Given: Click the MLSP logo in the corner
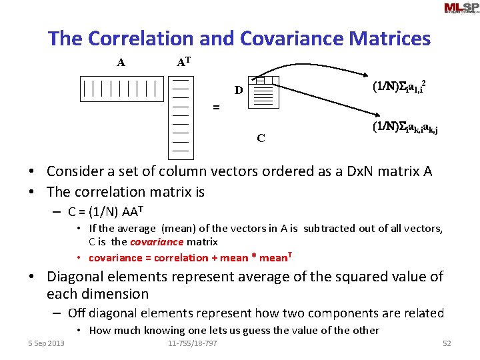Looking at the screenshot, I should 461,9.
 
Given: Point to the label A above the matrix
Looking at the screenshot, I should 121,63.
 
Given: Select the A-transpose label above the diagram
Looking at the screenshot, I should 184,63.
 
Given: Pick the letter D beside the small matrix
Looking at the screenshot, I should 237,90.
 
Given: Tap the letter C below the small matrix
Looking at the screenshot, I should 261,139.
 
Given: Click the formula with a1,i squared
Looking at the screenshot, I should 399,87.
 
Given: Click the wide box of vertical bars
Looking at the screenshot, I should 121,89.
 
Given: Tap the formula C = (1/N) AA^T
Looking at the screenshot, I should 106,213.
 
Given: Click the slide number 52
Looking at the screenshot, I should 447,343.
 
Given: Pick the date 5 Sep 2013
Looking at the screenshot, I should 46,343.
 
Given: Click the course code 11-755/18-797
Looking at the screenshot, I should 192,343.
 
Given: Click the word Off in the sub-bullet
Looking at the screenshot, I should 76,313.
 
